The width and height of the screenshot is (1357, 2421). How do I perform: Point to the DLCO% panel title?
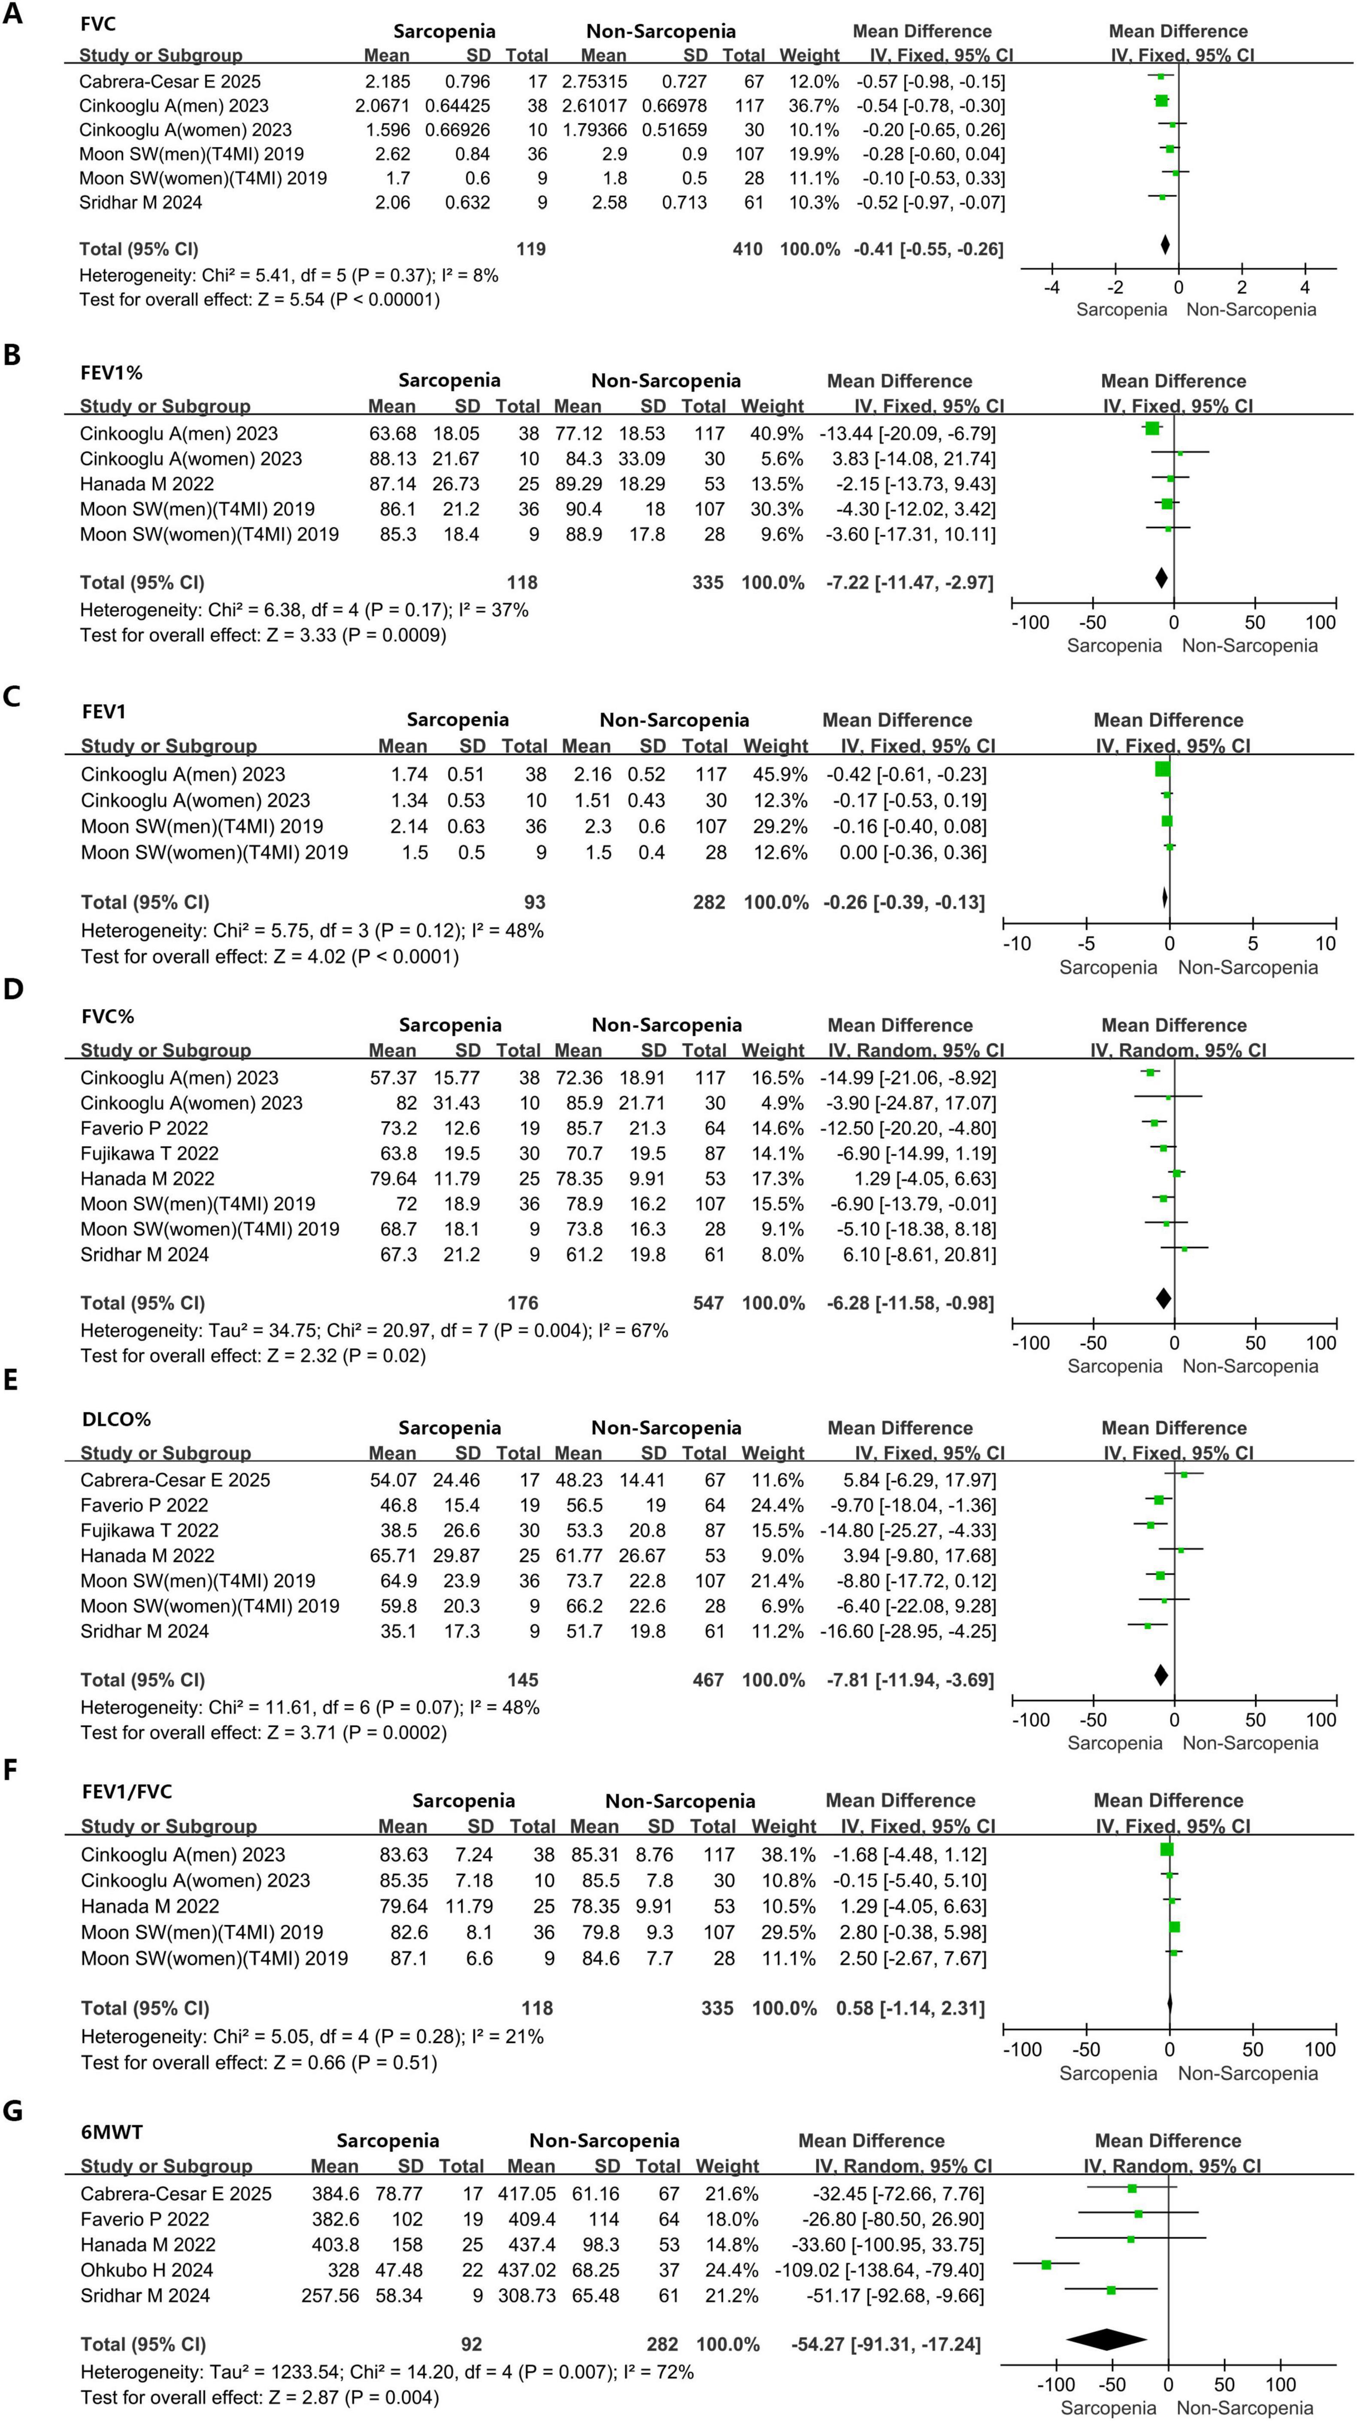pos(115,1419)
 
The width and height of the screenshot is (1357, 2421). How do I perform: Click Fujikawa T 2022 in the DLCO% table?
pos(149,1530)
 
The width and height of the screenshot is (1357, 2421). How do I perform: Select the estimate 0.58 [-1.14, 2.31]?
pos(910,2008)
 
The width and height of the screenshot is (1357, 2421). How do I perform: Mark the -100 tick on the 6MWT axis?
pos(1055,2385)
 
